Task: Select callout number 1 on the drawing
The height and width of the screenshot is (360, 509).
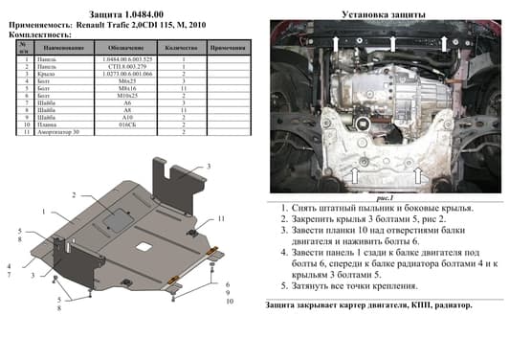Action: click(43, 211)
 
